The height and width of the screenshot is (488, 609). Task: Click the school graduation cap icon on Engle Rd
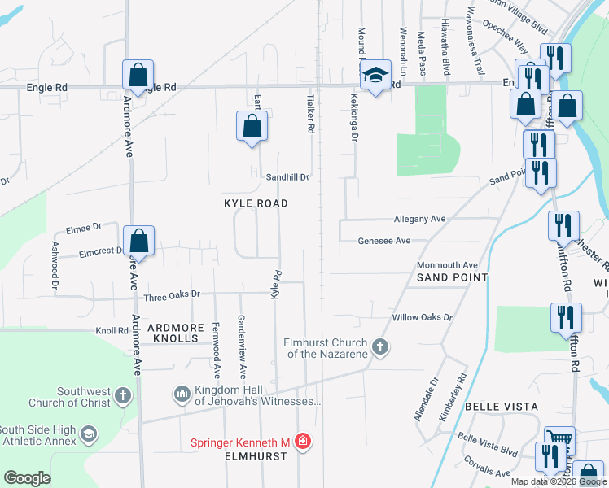pos(374,76)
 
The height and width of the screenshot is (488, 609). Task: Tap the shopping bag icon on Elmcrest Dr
pos(139,241)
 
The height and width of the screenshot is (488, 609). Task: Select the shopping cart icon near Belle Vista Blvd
pos(559,441)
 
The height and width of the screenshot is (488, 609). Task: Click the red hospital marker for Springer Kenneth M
pos(303,442)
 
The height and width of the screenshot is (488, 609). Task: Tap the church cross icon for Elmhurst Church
pos(379,348)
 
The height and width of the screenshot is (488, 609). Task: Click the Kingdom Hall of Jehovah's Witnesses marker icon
pos(182,395)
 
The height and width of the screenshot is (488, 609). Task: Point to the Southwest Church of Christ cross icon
pos(122,396)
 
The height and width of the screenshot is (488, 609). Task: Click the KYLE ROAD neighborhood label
pos(256,203)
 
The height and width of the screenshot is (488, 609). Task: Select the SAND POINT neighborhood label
pos(452,277)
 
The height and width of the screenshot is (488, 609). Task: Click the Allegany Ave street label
pos(419,220)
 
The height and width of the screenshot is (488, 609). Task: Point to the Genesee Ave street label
pos(384,241)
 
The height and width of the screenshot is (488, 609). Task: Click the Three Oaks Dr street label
pos(172,294)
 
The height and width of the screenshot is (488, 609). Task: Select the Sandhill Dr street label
pos(287,176)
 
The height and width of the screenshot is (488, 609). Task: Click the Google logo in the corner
pos(27,478)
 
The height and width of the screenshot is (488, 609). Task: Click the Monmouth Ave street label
pos(447,265)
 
